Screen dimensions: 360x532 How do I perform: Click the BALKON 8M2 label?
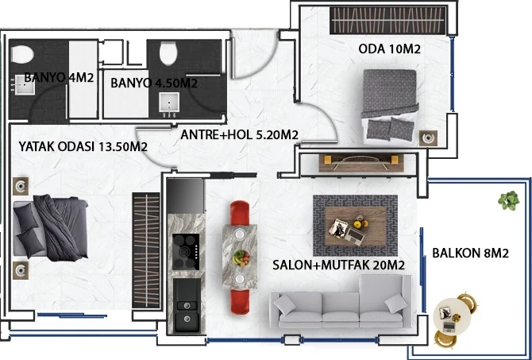(470, 254)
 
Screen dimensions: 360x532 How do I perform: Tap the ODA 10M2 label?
(389, 49)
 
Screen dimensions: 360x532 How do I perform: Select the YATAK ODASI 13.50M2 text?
(83, 147)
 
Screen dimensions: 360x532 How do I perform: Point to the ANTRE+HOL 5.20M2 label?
(239, 135)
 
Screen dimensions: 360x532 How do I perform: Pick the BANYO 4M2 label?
(59, 78)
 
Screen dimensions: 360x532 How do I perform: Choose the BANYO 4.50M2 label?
(154, 83)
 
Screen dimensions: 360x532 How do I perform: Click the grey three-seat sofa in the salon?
(341, 309)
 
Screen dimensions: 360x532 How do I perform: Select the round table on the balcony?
(456, 317)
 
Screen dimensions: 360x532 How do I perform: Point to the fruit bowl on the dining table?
(241, 257)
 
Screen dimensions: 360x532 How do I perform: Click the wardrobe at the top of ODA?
(387, 21)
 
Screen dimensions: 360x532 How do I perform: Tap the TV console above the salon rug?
(357, 162)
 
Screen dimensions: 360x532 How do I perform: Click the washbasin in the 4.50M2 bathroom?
(168, 103)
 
